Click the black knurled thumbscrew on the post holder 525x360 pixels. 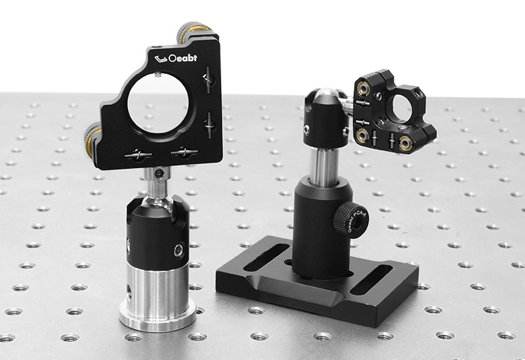342,219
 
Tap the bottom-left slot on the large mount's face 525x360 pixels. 138,155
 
